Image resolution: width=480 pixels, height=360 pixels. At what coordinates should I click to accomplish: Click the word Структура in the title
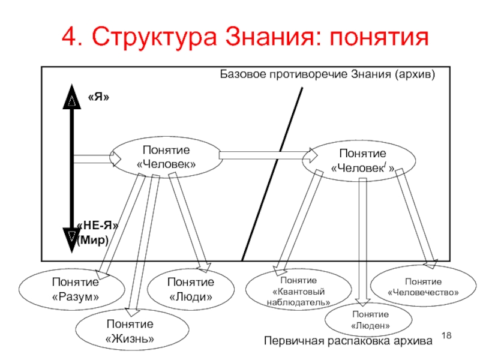(154, 37)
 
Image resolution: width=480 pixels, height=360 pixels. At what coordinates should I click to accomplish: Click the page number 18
(446, 335)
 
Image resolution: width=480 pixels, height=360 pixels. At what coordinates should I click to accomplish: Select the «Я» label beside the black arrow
(98, 97)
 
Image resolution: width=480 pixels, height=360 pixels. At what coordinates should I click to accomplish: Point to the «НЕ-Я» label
(97, 226)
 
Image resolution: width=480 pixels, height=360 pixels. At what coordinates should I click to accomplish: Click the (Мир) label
(93, 239)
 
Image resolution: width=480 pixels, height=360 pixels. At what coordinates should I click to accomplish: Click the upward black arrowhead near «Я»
(71, 97)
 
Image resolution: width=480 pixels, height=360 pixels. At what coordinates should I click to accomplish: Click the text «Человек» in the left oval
(166, 164)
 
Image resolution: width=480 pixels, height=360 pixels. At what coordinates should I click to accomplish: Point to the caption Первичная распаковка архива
(348, 341)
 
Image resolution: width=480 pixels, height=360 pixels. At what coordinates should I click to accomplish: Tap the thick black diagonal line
(272, 174)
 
